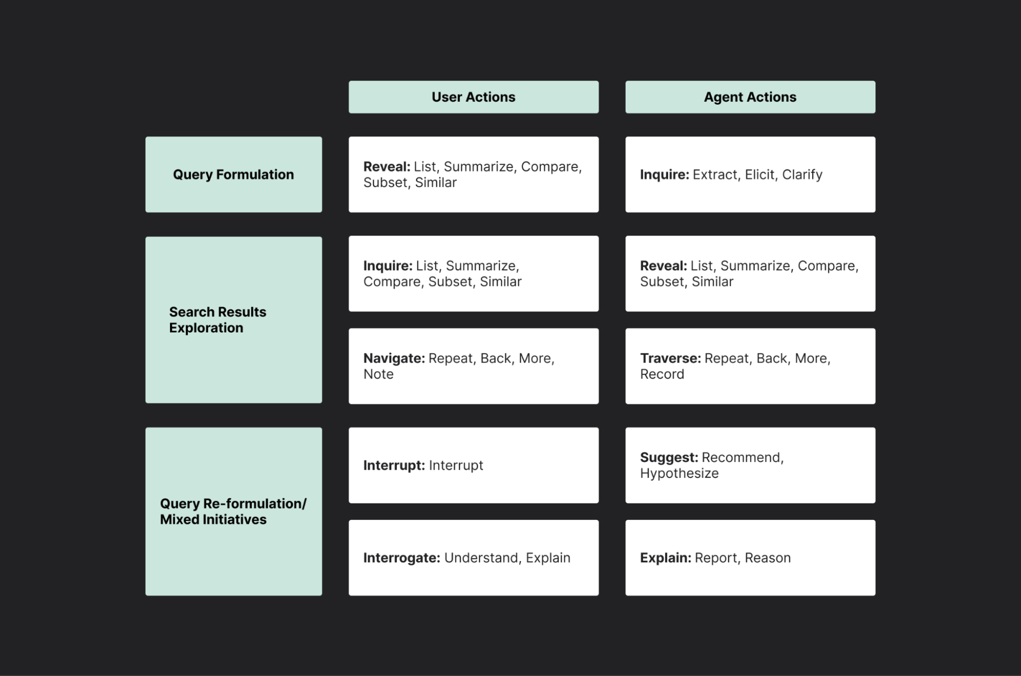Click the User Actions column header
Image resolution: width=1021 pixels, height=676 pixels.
(x=473, y=97)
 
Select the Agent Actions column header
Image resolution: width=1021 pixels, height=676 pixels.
(x=750, y=97)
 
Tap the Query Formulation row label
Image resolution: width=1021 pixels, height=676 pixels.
(x=233, y=175)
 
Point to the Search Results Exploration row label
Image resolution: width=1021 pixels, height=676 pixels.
(x=218, y=320)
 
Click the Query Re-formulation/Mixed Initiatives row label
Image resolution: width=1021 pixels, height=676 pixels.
(x=233, y=511)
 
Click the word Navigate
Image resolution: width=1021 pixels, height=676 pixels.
(x=394, y=358)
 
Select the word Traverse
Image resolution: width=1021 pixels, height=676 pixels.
(x=670, y=358)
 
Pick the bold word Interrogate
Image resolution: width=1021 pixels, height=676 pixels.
(x=401, y=558)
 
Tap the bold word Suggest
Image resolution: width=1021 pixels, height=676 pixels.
(x=669, y=457)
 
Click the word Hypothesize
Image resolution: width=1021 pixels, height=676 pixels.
(x=679, y=473)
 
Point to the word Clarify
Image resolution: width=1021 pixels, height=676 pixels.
(x=802, y=175)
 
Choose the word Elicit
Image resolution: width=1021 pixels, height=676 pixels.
(x=759, y=175)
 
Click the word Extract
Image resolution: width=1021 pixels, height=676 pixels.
(x=715, y=175)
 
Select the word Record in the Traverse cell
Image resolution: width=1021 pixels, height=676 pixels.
(x=662, y=374)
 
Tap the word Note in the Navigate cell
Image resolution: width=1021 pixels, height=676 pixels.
(x=378, y=374)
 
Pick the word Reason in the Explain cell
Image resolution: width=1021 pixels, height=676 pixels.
(x=767, y=558)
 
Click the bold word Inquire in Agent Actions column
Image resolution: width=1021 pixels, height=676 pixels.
(x=664, y=175)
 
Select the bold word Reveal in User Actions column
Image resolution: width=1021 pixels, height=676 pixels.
(x=387, y=167)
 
